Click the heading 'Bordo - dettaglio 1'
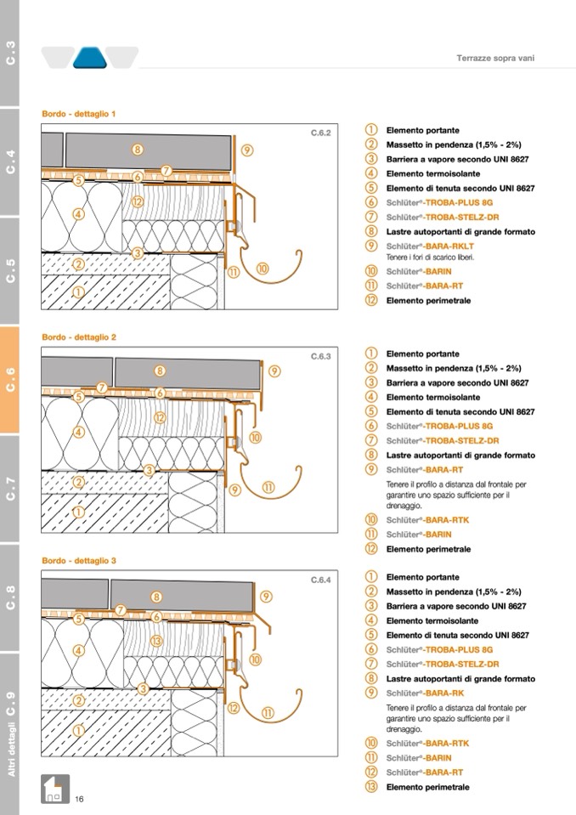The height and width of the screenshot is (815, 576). (x=79, y=113)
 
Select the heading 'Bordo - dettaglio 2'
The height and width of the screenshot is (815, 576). (x=79, y=337)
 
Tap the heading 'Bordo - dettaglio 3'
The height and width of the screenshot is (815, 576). (x=79, y=560)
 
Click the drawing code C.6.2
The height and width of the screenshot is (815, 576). (x=319, y=133)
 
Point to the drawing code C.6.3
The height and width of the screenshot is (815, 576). (x=319, y=357)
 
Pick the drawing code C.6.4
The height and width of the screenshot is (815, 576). (x=319, y=580)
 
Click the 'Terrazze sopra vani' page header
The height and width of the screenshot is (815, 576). (x=496, y=59)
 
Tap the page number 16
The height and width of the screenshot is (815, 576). (x=79, y=799)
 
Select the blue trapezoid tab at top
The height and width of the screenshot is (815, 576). (x=88, y=58)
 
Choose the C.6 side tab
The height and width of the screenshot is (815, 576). (x=10, y=379)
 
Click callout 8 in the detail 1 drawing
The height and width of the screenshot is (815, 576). (x=138, y=149)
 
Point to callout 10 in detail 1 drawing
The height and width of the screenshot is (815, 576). (x=263, y=268)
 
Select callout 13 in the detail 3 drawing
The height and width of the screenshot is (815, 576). (x=155, y=641)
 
